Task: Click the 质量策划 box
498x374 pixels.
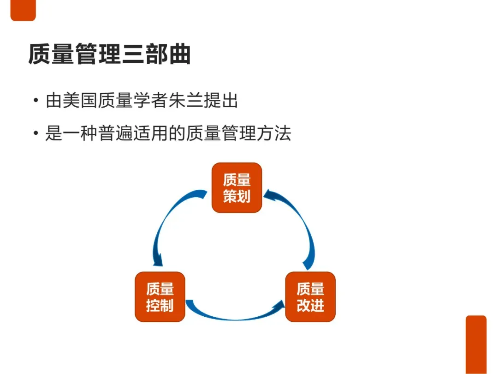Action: click(237, 188)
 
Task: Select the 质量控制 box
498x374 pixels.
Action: click(160, 297)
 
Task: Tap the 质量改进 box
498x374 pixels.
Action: click(310, 297)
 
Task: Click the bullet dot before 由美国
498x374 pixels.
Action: click(36, 101)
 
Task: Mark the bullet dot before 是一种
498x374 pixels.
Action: click(36, 134)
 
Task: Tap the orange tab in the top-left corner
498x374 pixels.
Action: click(23, 10)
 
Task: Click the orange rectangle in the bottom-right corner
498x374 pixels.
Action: click(476, 344)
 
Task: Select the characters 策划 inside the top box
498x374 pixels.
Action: click(237, 197)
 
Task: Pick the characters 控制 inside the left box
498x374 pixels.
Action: click(160, 306)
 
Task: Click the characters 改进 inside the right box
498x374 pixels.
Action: click(310, 306)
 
